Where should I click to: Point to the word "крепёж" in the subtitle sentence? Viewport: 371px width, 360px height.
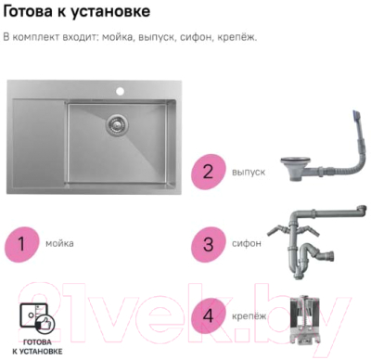point(237,38)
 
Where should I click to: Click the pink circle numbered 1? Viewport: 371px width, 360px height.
point(22,244)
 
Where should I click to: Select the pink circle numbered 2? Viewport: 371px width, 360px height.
point(209,173)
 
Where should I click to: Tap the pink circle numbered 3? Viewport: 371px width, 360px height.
point(209,244)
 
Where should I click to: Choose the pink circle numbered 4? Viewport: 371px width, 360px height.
point(209,316)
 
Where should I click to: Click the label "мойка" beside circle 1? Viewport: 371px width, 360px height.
point(60,244)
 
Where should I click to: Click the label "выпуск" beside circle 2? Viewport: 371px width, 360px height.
point(249,173)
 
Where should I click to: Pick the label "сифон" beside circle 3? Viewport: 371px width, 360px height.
point(246,244)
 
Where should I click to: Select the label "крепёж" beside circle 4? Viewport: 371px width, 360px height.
point(248,316)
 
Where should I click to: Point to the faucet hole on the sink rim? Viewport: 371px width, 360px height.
point(120,92)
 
